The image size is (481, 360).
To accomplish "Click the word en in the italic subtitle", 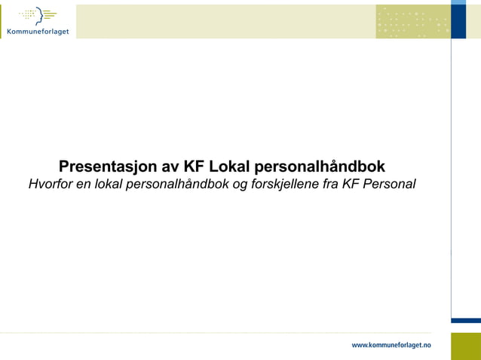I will pyautogui.click(x=84, y=184).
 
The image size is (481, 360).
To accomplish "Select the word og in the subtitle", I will pyautogui.click(x=240, y=184).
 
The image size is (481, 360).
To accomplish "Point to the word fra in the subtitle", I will pyautogui.click(x=332, y=184).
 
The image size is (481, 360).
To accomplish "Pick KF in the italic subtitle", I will pyautogui.click(x=353, y=184).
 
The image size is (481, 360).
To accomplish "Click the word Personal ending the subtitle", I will pyautogui.click(x=390, y=184).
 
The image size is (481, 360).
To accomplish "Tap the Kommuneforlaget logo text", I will pyautogui.click(x=38, y=32).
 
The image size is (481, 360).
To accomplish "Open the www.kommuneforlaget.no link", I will pyautogui.click(x=391, y=345).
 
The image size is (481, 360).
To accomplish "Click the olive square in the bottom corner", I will pyautogui.click(x=465, y=346).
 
